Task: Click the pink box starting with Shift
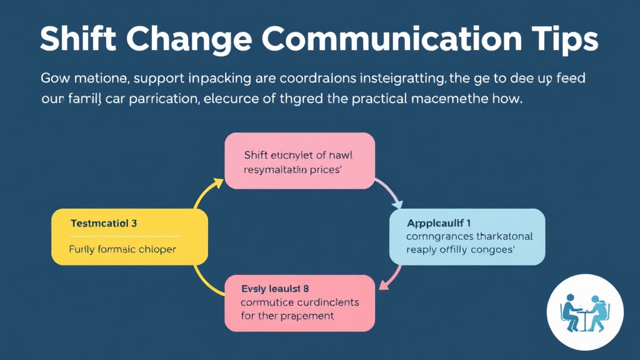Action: [299, 161]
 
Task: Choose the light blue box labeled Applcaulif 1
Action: [467, 236]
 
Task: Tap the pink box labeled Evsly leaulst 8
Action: [299, 303]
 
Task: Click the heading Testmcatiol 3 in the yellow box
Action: [104, 223]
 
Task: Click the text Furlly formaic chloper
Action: [122, 249]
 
